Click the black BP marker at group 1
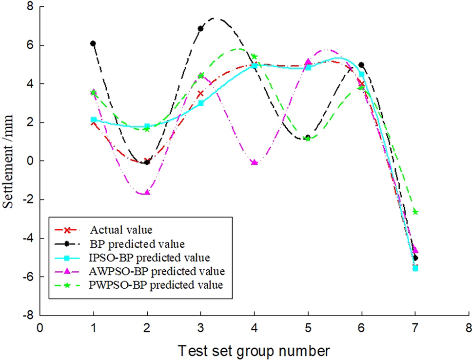[93, 43]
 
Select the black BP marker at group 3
[200, 28]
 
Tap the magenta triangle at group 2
[147, 193]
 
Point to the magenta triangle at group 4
[254, 162]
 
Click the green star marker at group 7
[415, 212]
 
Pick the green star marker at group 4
[254, 57]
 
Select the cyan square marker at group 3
[200, 103]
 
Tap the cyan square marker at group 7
[415, 268]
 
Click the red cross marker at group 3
[200, 93]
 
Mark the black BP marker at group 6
[361, 65]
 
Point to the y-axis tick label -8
[30, 316]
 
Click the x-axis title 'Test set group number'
[254, 350]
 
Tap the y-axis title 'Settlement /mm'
[8, 161]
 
